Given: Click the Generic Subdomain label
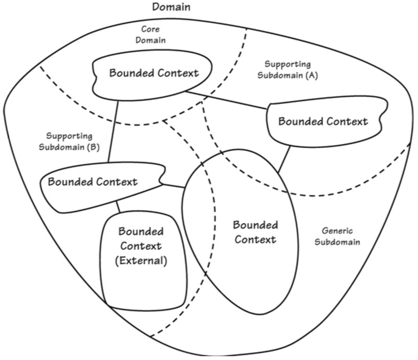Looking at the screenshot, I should click(337, 236).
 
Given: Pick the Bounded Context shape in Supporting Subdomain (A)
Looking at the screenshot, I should click(324, 121).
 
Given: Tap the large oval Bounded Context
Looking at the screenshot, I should click(250, 239).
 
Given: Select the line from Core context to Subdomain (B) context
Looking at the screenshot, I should click(113, 134).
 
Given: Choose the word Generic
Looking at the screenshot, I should click(337, 230).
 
